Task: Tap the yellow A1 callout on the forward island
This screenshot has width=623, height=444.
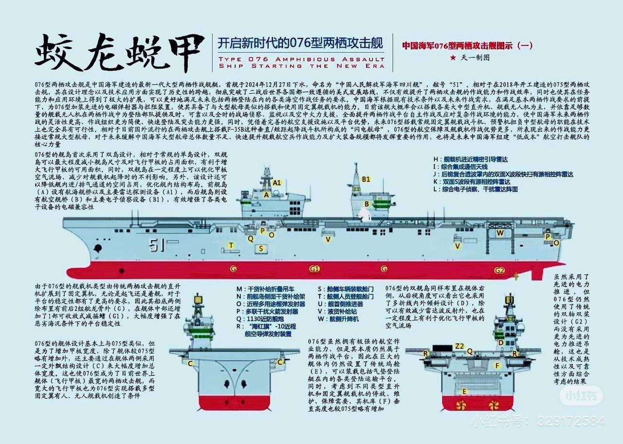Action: [276, 183]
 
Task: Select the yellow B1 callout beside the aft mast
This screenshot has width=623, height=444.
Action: [366, 179]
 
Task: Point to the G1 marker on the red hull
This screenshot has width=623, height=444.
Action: [314, 269]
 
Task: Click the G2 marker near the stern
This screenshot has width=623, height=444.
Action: [499, 270]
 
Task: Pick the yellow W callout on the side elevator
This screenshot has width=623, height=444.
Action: [500, 233]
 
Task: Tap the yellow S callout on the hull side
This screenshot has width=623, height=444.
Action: [261, 248]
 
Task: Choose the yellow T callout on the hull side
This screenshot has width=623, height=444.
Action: [231, 245]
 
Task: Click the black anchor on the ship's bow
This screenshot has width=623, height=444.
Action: [98, 248]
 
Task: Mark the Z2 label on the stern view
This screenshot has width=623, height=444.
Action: [459, 346]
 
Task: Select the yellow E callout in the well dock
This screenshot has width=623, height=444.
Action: [464, 391]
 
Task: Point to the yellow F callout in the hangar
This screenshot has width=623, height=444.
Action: [497, 365]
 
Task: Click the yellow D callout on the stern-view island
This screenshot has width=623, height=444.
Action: [500, 342]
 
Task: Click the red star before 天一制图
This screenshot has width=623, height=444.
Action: [453, 57]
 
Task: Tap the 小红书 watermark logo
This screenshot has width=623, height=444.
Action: [583, 396]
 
